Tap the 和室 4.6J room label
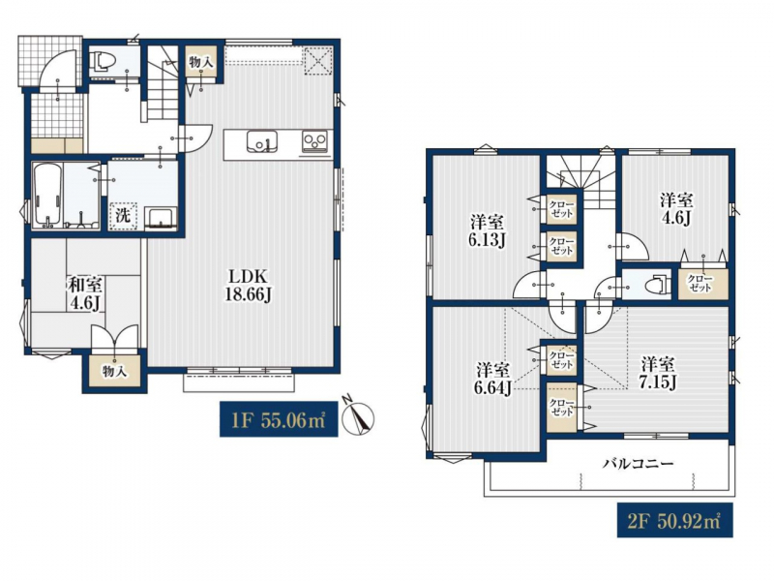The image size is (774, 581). pyautogui.click(x=85, y=294)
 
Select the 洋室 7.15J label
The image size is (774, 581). pyautogui.click(x=659, y=374)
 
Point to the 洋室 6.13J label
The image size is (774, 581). pyautogui.click(x=487, y=231)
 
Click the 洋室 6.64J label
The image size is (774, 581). pyautogui.click(x=492, y=379)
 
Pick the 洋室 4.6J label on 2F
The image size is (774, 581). pyautogui.click(x=676, y=208)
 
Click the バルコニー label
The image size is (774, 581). pyautogui.click(x=639, y=464)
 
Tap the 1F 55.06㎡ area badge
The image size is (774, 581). pyautogui.click(x=279, y=419)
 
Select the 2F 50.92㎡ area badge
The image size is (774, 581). pyautogui.click(x=674, y=520)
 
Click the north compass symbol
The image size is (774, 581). pyautogui.click(x=357, y=417)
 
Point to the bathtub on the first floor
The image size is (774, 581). pyautogui.click(x=47, y=196)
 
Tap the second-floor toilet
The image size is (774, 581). pyautogui.click(x=658, y=285)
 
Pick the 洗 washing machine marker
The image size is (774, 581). pyautogui.click(x=123, y=216)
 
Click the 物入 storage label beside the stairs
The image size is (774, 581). pyautogui.click(x=201, y=62)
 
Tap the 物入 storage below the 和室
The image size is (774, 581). pyautogui.click(x=115, y=372)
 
